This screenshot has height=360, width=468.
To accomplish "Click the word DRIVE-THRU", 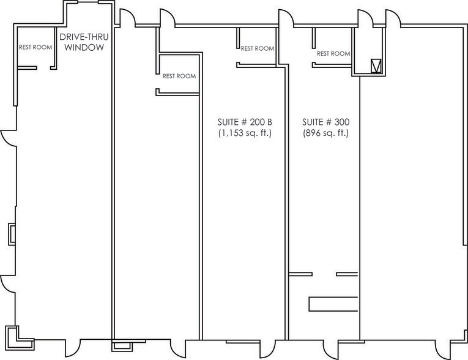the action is point(84,37).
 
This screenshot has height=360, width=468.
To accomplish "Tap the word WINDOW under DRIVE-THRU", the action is point(84,47).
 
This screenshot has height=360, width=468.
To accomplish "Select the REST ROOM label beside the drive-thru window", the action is point(35,47).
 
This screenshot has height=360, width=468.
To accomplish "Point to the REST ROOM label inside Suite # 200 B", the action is point(258,48).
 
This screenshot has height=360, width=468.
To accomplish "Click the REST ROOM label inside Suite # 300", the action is point(333,53).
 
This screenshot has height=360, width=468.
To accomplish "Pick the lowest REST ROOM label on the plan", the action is point(179,76).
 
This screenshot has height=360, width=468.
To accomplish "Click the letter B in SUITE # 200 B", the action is point(270,122).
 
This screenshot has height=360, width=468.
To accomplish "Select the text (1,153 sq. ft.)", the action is point(245,133).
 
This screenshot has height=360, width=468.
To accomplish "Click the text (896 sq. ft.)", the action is point(326,133).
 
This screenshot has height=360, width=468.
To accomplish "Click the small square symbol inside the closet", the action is point(376,66).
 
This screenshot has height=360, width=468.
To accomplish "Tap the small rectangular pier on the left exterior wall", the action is point(12,234).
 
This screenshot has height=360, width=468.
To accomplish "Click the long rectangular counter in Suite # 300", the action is point(333,304).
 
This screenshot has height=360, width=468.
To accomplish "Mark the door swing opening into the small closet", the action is point(365,17).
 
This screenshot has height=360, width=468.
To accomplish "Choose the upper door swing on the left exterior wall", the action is point(9,138).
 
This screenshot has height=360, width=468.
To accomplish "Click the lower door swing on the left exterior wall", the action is point(8,283).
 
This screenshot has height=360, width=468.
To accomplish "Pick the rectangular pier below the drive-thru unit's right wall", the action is point(122,346).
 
